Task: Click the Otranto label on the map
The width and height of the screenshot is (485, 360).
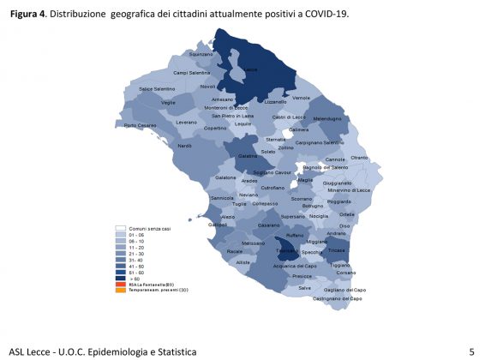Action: point(359,158)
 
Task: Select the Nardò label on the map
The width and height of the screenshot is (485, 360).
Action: point(184,146)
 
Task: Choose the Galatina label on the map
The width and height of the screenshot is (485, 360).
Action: point(248,156)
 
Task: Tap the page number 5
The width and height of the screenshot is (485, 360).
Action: point(471,351)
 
